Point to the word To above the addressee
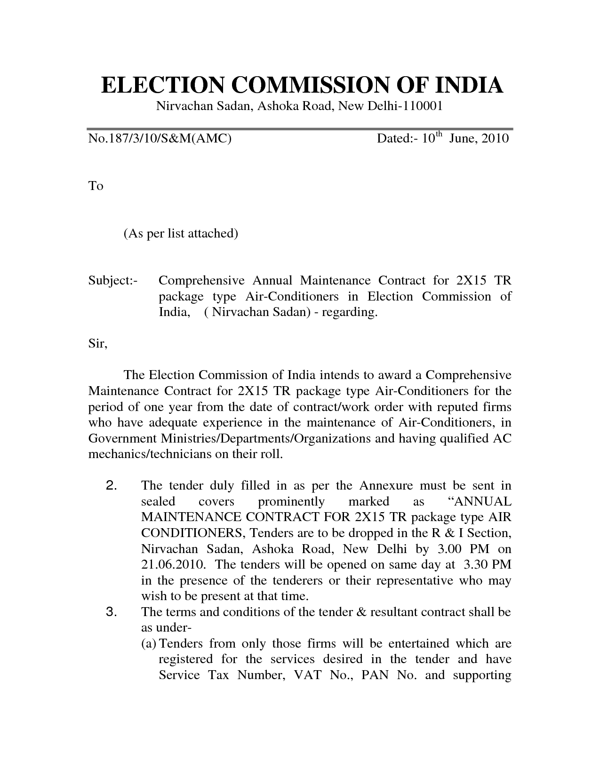96,186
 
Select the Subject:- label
113,281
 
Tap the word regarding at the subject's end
351,313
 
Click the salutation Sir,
98,344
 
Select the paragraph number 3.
112,612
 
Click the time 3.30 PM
488,564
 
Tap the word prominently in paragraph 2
292,501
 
